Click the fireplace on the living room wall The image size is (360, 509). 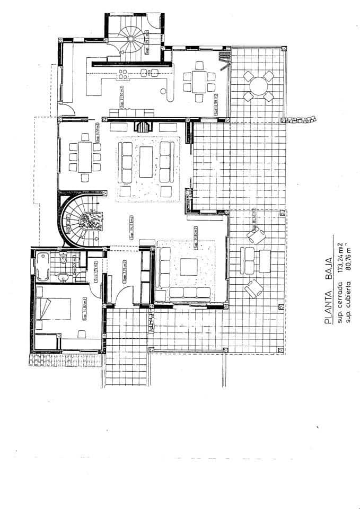click(x=142, y=127)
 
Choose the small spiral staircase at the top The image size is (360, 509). click(x=130, y=40)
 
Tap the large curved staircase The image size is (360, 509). click(x=80, y=217)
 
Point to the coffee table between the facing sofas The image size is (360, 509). click(x=146, y=162)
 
